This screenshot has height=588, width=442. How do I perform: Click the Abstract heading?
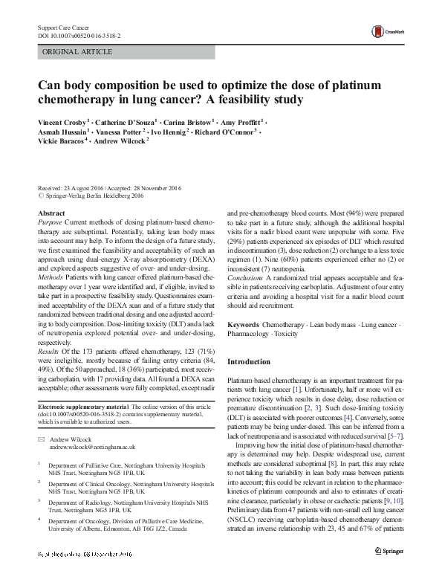point(51,213)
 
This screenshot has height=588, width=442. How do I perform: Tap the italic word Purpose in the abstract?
point(50,222)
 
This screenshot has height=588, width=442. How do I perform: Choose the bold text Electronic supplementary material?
point(82,406)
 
